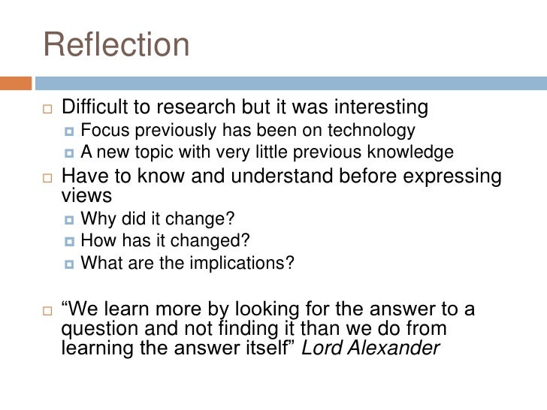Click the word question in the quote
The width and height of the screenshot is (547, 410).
coord(94,329)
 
